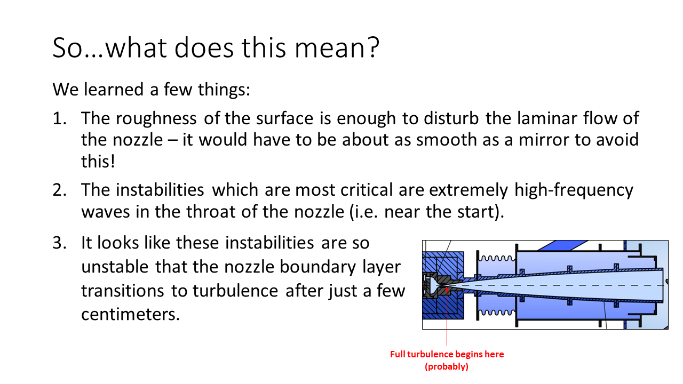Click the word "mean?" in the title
click(337, 48)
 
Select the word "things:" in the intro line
click(224, 90)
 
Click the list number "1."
click(59, 118)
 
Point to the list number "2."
click(59, 190)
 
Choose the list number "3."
click(59, 243)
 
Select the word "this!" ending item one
click(98, 161)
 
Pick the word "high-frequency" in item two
click(574, 190)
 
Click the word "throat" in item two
click(211, 212)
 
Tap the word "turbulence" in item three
click(235, 291)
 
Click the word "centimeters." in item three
click(131, 314)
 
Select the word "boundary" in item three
click(317, 268)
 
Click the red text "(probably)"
click(447, 366)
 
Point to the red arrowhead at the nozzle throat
click(447, 289)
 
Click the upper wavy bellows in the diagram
click(497, 259)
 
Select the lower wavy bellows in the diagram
click(497, 313)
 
